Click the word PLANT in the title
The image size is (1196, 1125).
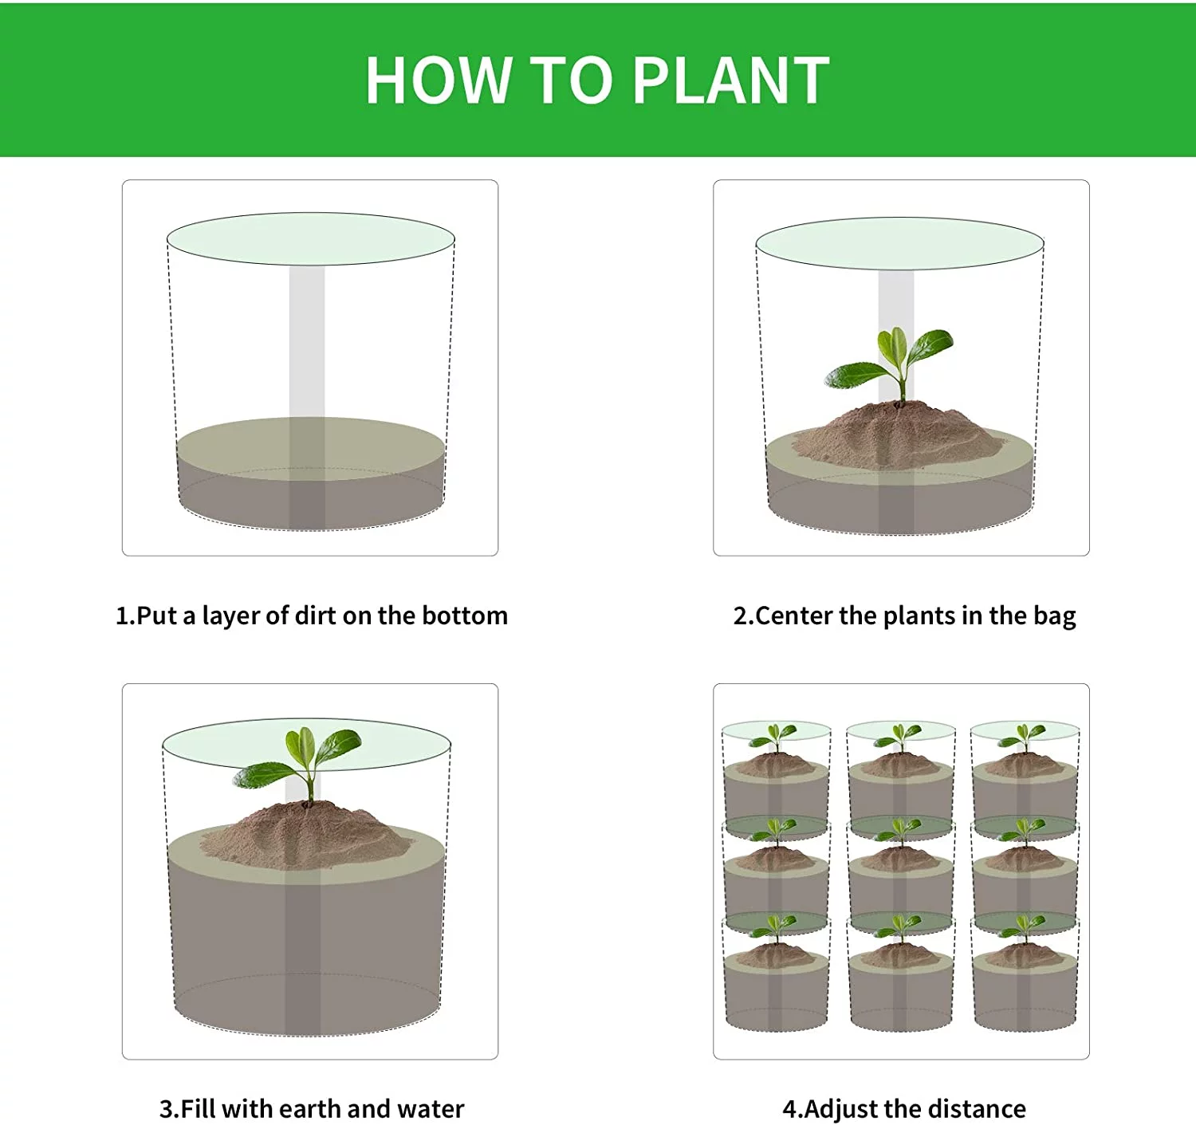(x=731, y=81)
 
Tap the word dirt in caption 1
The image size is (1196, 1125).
(x=316, y=616)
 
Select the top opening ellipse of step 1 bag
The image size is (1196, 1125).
(x=310, y=238)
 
